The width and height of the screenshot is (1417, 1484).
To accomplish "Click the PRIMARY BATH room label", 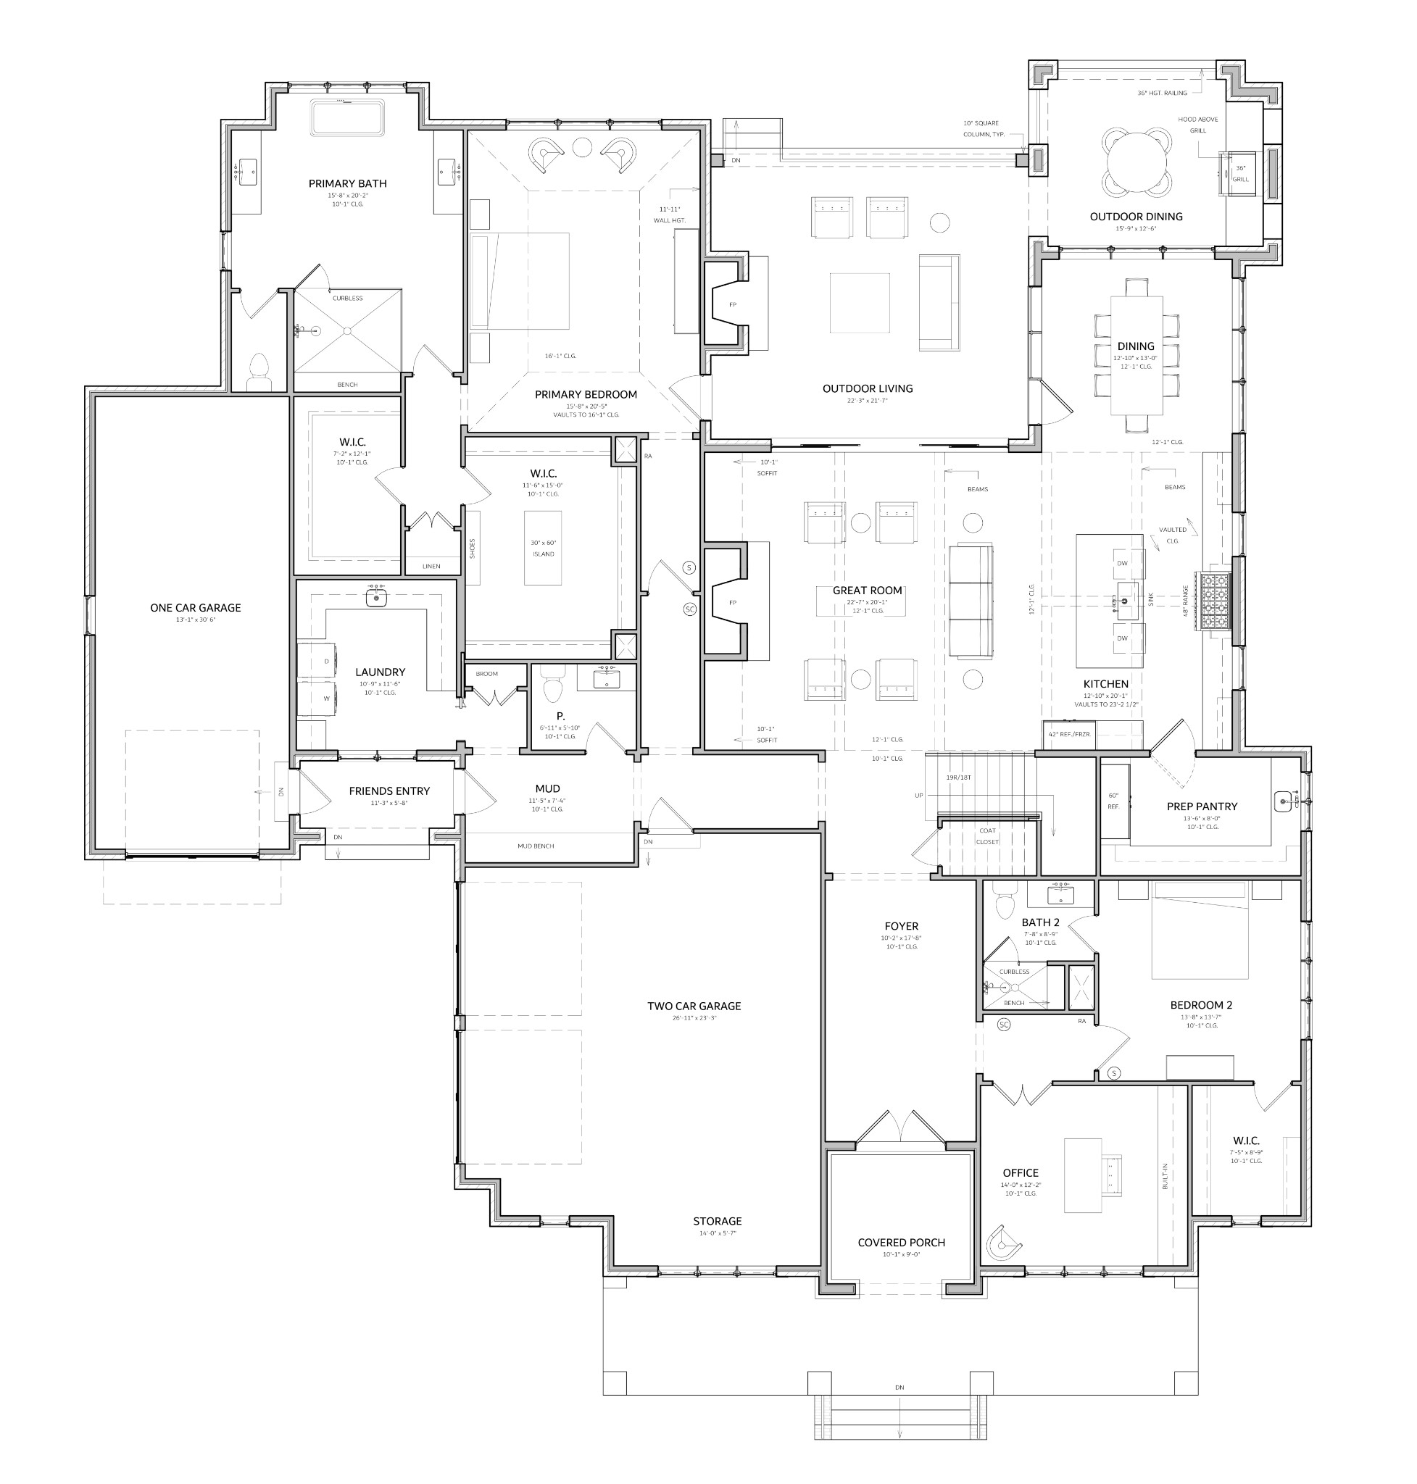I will pyautogui.click(x=347, y=183).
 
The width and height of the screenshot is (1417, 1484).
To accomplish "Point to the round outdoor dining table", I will pyautogui.click(x=1136, y=160).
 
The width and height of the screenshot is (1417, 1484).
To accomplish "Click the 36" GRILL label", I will pyautogui.click(x=1240, y=174).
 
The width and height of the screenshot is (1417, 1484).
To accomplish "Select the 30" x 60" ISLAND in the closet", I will pyautogui.click(x=543, y=549).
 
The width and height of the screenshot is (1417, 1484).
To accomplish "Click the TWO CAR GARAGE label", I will pyautogui.click(x=694, y=1006).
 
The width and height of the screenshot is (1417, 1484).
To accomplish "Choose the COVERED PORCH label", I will pyautogui.click(x=901, y=1242).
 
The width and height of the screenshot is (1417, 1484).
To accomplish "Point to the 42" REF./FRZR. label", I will pyautogui.click(x=1070, y=733).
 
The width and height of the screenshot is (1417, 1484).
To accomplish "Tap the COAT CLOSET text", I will pyautogui.click(x=987, y=836).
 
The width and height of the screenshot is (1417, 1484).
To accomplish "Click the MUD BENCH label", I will pyautogui.click(x=536, y=846).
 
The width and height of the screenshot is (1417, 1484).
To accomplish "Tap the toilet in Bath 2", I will pyautogui.click(x=1005, y=904).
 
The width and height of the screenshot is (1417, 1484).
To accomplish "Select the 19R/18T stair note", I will pyautogui.click(x=958, y=777).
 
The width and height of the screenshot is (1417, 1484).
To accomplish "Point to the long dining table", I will pyautogui.click(x=1136, y=355).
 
